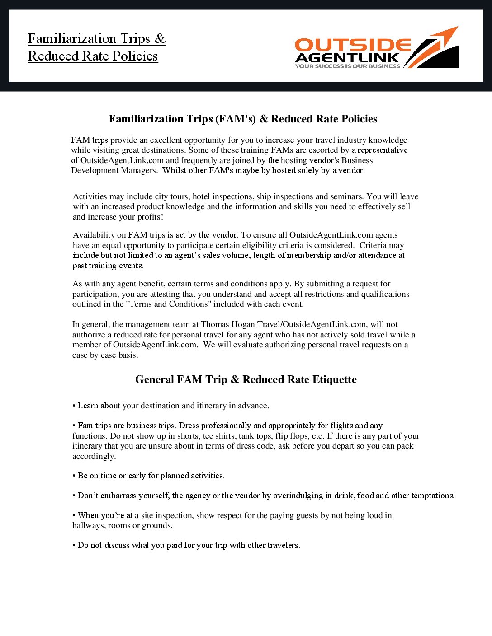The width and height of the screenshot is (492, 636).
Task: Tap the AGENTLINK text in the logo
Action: [x=347, y=58]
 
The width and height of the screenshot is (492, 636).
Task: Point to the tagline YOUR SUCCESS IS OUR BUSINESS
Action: [x=347, y=66]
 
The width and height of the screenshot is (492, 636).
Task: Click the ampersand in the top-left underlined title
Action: [x=160, y=39]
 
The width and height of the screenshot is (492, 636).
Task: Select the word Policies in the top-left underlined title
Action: [x=135, y=56]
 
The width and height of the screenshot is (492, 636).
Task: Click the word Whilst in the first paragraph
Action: [x=174, y=170]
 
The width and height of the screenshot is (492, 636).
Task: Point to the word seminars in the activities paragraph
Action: [x=348, y=196]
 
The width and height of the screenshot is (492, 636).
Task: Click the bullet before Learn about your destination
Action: [x=74, y=406]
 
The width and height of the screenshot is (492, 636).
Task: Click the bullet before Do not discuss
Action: [x=74, y=546]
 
